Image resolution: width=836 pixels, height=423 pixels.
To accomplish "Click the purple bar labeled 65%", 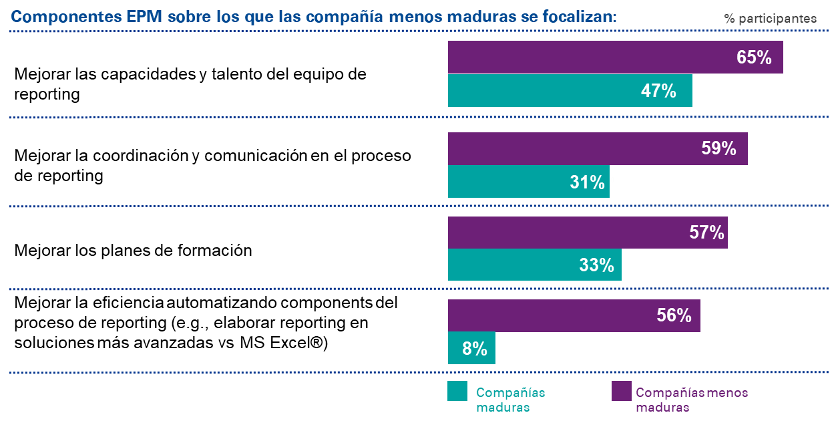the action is click(616, 57).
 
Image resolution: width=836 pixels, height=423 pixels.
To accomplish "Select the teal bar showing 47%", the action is click(570, 91).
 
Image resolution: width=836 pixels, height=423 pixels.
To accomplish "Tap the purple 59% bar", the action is click(598, 148).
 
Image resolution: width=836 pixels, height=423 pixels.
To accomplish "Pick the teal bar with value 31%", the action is click(529, 182).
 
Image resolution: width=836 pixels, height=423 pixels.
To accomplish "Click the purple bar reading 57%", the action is click(588, 233).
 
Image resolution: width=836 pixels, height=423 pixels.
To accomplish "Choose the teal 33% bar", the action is click(535, 265).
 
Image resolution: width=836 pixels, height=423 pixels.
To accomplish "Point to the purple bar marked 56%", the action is click(574, 315).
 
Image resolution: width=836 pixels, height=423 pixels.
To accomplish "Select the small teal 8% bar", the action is click(471, 348).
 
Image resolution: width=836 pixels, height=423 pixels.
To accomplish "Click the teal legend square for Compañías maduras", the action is click(457, 391).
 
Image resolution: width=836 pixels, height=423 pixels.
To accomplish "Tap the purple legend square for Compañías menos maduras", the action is click(622, 391).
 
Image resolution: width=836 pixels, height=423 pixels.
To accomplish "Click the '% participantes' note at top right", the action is click(771, 19).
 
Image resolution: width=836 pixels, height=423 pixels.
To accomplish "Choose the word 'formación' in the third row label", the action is click(214, 251).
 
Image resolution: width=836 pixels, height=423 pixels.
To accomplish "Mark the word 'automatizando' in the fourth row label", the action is click(222, 303).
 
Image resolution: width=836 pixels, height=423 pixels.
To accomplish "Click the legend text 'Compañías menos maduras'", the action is click(692, 400).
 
